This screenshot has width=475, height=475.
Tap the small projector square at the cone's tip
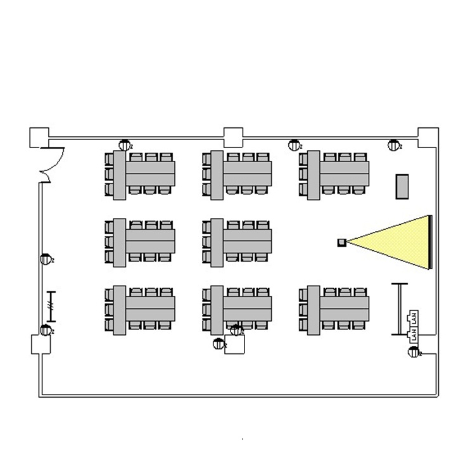(x=341, y=241)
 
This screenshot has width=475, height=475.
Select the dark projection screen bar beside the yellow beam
(x=431, y=242)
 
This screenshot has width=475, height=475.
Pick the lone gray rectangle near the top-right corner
(x=402, y=186)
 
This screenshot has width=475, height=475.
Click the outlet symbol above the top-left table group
(x=125, y=145)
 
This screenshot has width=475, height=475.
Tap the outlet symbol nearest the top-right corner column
(x=393, y=146)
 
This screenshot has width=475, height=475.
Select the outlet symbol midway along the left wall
(x=46, y=258)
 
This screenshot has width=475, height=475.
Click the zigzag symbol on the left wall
(x=51, y=306)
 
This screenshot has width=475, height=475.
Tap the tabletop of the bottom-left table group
(x=149, y=308)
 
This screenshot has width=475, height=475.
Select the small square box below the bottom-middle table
(x=235, y=345)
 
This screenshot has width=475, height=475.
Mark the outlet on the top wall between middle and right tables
(x=294, y=145)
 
